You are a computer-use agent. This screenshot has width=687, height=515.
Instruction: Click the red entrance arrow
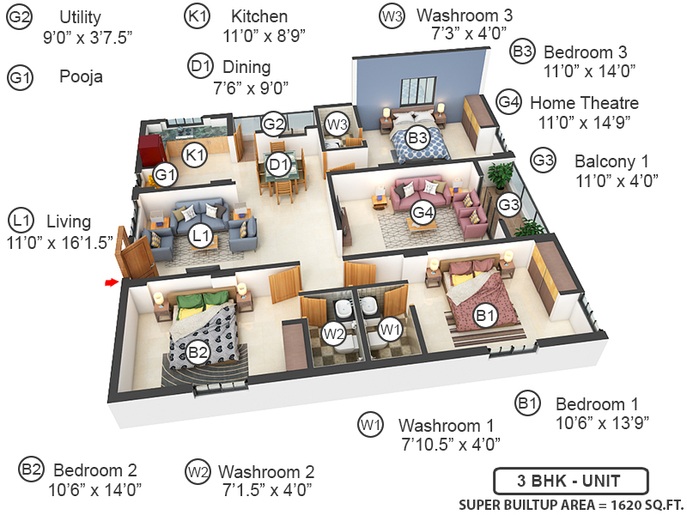(111, 281)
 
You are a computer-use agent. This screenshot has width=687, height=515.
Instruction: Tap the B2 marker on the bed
(198, 350)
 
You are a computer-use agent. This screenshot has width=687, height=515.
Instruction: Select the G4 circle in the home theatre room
(421, 211)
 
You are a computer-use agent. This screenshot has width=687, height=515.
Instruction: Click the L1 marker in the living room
(201, 233)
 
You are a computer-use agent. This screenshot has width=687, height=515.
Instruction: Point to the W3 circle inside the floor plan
(337, 124)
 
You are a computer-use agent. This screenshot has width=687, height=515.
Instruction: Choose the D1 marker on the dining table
(277, 164)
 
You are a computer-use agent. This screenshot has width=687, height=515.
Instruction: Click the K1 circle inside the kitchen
(196, 154)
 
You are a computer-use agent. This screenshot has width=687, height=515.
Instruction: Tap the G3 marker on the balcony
(509, 205)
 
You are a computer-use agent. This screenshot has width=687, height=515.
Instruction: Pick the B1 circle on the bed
(486, 316)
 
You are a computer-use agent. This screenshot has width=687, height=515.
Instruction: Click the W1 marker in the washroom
(390, 329)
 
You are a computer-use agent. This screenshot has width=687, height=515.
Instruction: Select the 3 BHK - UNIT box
(570, 481)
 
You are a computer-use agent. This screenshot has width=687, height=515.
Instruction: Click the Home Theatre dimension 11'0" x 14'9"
(589, 122)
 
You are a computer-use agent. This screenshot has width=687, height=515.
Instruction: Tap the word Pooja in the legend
(81, 76)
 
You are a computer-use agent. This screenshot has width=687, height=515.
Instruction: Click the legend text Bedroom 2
(95, 470)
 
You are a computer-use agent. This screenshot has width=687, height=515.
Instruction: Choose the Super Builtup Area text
(570, 504)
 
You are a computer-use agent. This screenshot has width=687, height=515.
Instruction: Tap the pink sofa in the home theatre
(416, 192)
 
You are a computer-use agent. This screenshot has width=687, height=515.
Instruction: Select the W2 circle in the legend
(198, 471)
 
